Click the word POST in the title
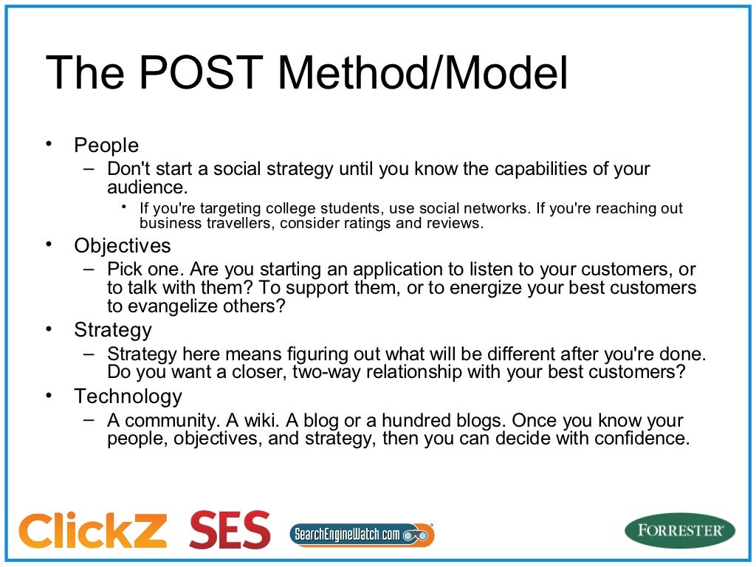(x=199, y=74)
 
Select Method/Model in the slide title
(x=424, y=74)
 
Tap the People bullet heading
(x=106, y=145)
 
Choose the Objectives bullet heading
(x=122, y=246)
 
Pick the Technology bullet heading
(x=128, y=396)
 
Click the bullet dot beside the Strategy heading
(x=49, y=329)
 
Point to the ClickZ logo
(x=93, y=530)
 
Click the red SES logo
(x=230, y=530)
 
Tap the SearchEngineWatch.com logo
(x=361, y=534)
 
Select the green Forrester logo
(x=679, y=531)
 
